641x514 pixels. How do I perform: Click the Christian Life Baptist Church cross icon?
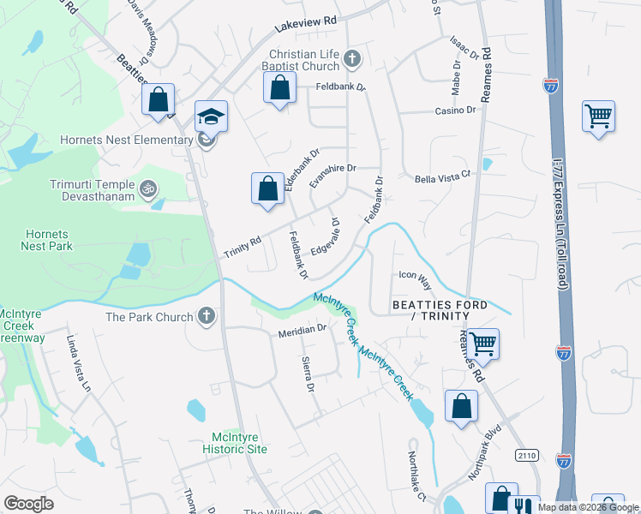pos(351,59)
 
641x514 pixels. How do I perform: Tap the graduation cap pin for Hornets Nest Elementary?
pos(211,116)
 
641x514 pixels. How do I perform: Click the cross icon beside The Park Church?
pos(205,317)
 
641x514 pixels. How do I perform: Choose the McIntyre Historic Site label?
pos(235,442)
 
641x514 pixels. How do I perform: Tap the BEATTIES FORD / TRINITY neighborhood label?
pos(440,311)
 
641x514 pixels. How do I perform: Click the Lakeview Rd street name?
pos(304,27)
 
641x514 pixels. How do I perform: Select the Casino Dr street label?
pos(455,111)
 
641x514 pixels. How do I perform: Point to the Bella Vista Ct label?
pos(443,174)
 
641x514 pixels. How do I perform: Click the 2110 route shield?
pos(527,456)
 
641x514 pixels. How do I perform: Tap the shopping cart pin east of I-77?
pos(598,116)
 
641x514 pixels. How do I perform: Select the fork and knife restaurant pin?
pos(524,506)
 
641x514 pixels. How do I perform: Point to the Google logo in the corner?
pos(28,504)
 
